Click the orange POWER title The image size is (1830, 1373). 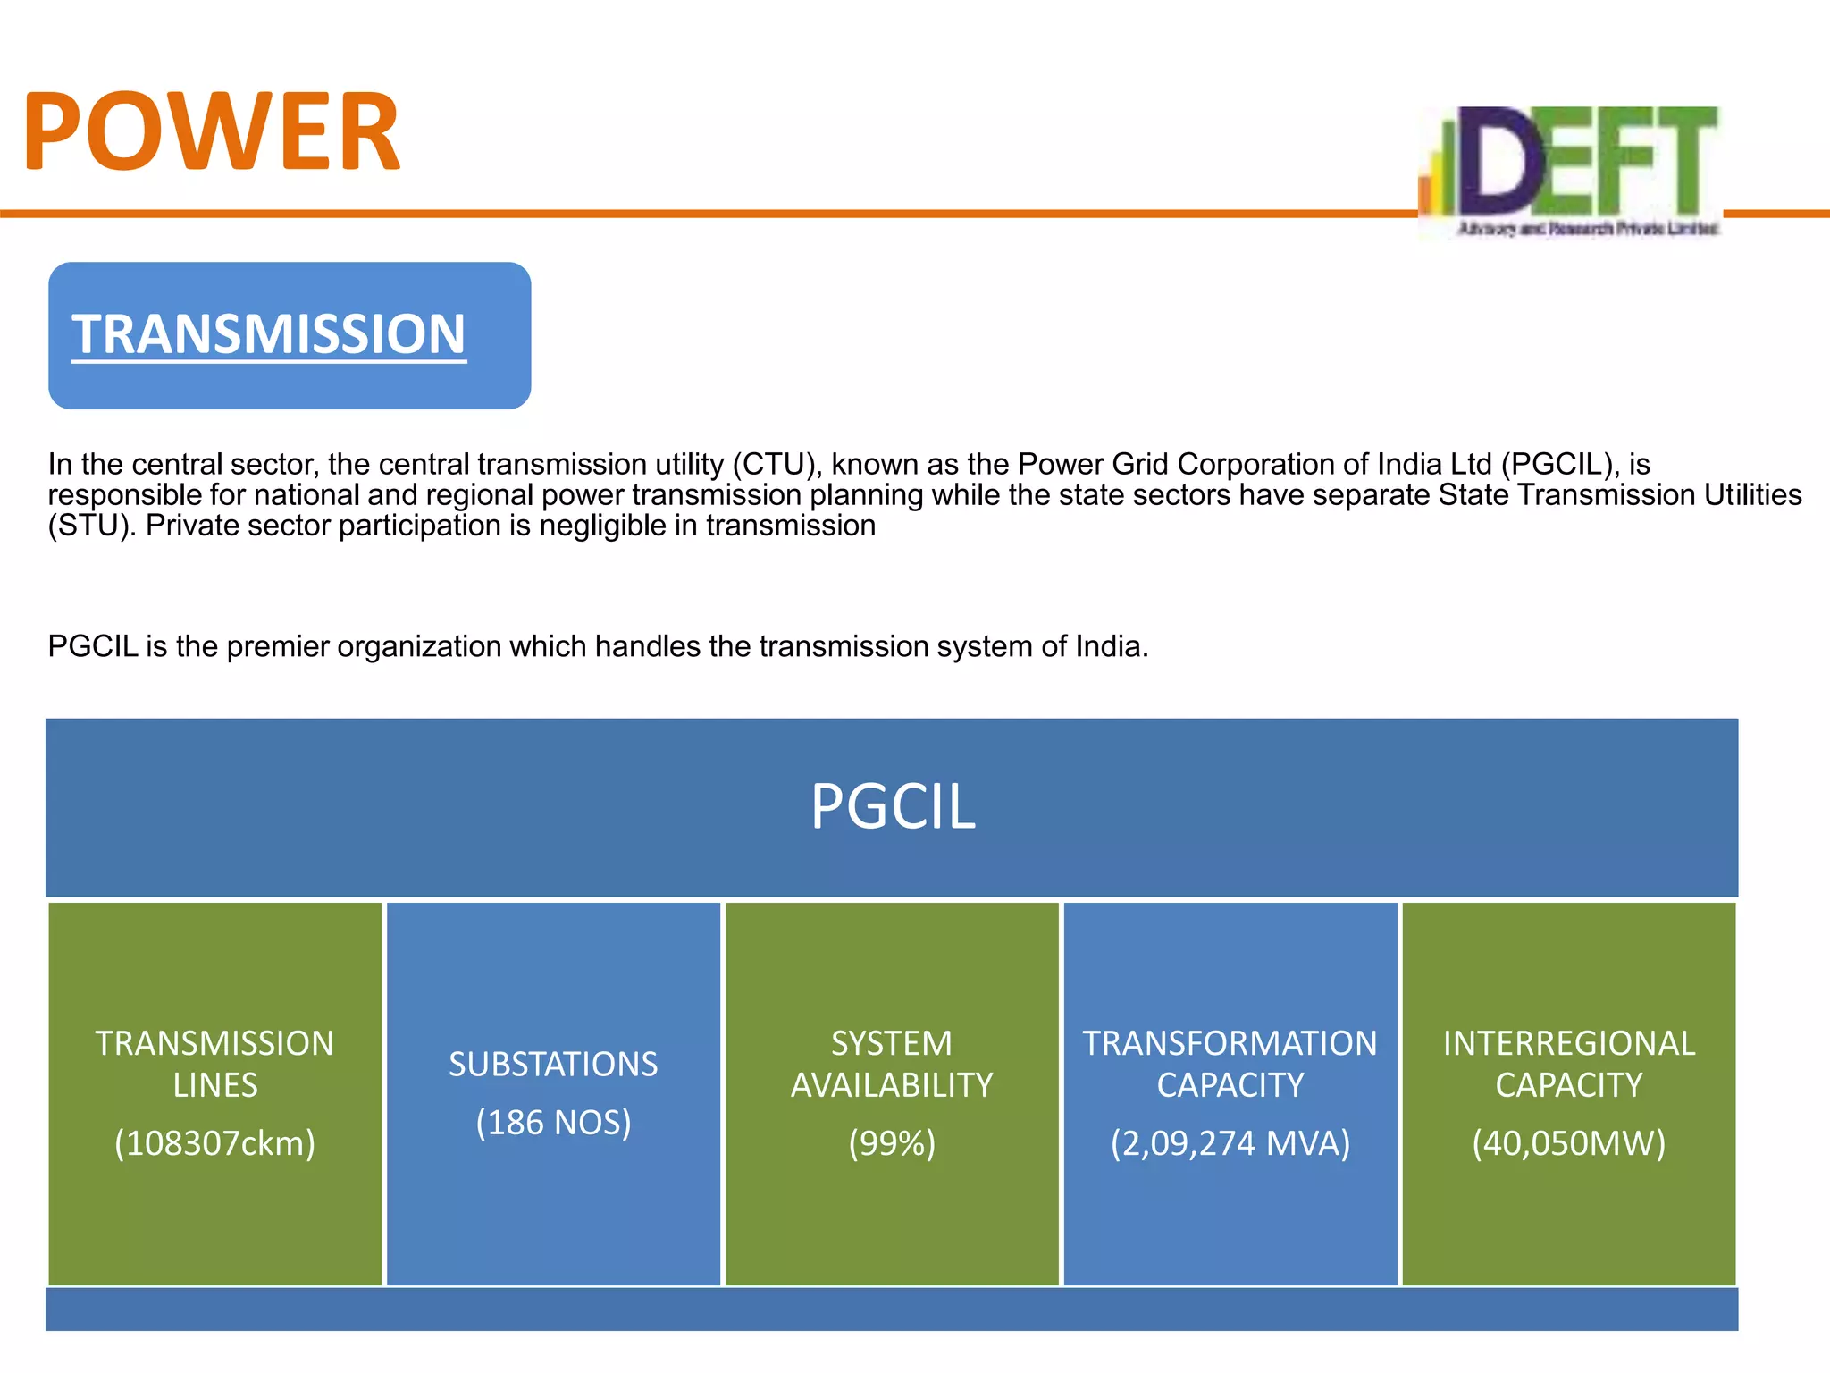[x=212, y=131]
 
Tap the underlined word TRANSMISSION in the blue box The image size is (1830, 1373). [x=268, y=334]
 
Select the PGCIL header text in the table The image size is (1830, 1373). [x=892, y=806]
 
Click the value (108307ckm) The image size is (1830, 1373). [x=214, y=1143]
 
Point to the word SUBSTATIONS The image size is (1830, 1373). [x=553, y=1064]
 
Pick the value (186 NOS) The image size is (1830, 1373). [x=553, y=1122]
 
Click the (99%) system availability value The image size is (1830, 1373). [x=892, y=1143]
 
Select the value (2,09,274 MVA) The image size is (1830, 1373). [x=1230, y=1143]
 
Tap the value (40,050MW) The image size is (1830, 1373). [x=1568, y=1143]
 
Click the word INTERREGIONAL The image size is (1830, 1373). [x=1568, y=1043]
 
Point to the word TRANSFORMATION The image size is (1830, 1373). [x=1230, y=1043]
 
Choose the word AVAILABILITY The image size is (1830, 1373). [x=892, y=1085]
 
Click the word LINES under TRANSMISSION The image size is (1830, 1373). [x=214, y=1085]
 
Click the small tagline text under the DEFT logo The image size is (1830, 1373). [x=1587, y=229]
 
